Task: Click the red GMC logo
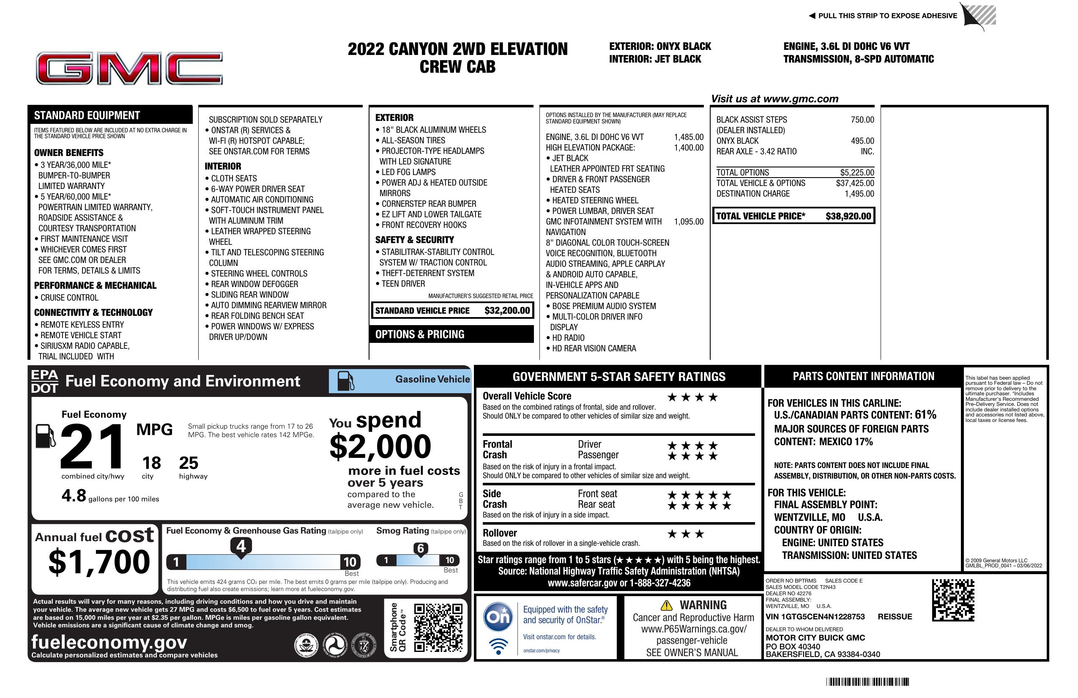pyautogui.click(x=129, y=68)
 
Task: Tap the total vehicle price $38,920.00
pyautogui.click(x=848, y=216)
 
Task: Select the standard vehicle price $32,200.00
pyautogui.click(x=507, y=311)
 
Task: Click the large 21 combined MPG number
pyautogui.click(x=93, y=446)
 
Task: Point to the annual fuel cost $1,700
pyautogui.click(x=99, y=562)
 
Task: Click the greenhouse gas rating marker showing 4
pyautogui.click(x=241, y=547)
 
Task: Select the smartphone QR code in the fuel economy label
pyautogui.click(x=438, y=627)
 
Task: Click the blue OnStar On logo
pyautogui.click(x=498, y=617)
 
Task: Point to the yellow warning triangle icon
pyautogui.click(x=666, y=605)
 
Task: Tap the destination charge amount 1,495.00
pyautogui.click(x=859, y=194)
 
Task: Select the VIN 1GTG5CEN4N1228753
pyautogui.click(x=815, y=617)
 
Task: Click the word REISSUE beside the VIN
pyautogui.click(x=895, y=617)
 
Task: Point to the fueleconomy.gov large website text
pyautogui.click(x=109, y=642)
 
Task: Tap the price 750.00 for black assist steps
pyautogui.click(x=862, y=120)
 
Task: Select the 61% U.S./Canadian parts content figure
pyautogui.click(x=925, y=415)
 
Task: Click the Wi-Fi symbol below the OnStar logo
pyautogui.click(x=498, y=646)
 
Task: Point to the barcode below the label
pyautogui.click(x=867, y=682)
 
